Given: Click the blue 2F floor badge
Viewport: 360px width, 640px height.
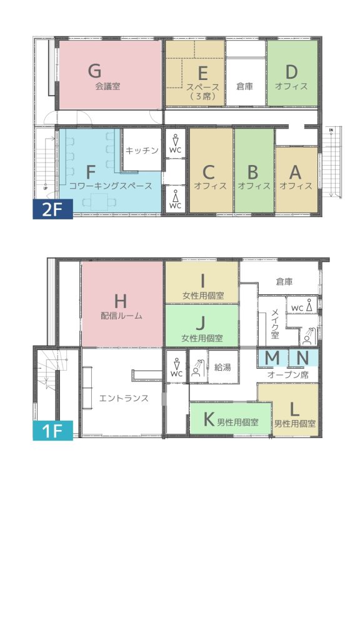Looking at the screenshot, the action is click(52, 209).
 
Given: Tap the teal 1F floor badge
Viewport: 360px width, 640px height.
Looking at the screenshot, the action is click(52, 431).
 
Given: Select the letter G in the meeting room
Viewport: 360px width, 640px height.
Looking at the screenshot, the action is click(95, 71).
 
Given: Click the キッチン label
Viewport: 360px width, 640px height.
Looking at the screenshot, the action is click(142, 151).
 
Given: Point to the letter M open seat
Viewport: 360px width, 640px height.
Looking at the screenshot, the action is click(272, 358).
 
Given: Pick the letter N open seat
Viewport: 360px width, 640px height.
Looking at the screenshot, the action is click(302, 358).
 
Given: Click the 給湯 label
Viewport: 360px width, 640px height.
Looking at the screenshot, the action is click(223, 367).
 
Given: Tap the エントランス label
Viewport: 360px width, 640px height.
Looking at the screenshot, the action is click(124, 398).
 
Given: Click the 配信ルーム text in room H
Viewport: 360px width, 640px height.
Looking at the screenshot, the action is click(122, 316).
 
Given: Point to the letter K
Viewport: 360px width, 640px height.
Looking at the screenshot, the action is click(209, 419).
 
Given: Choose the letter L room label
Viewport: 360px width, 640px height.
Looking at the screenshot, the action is click(294, 407).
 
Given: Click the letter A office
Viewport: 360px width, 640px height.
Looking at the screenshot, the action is click(295, 172).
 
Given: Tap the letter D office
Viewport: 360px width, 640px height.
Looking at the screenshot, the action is click(291, 72).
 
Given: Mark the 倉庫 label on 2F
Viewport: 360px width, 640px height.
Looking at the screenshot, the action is click(244, 86).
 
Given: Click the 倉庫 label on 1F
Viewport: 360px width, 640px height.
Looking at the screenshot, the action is click(284, 281).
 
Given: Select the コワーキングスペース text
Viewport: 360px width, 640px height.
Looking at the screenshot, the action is click(111, 186).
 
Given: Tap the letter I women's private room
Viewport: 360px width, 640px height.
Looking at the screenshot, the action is click(202, 281).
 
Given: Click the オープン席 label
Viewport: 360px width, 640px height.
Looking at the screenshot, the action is click(287, 375).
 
